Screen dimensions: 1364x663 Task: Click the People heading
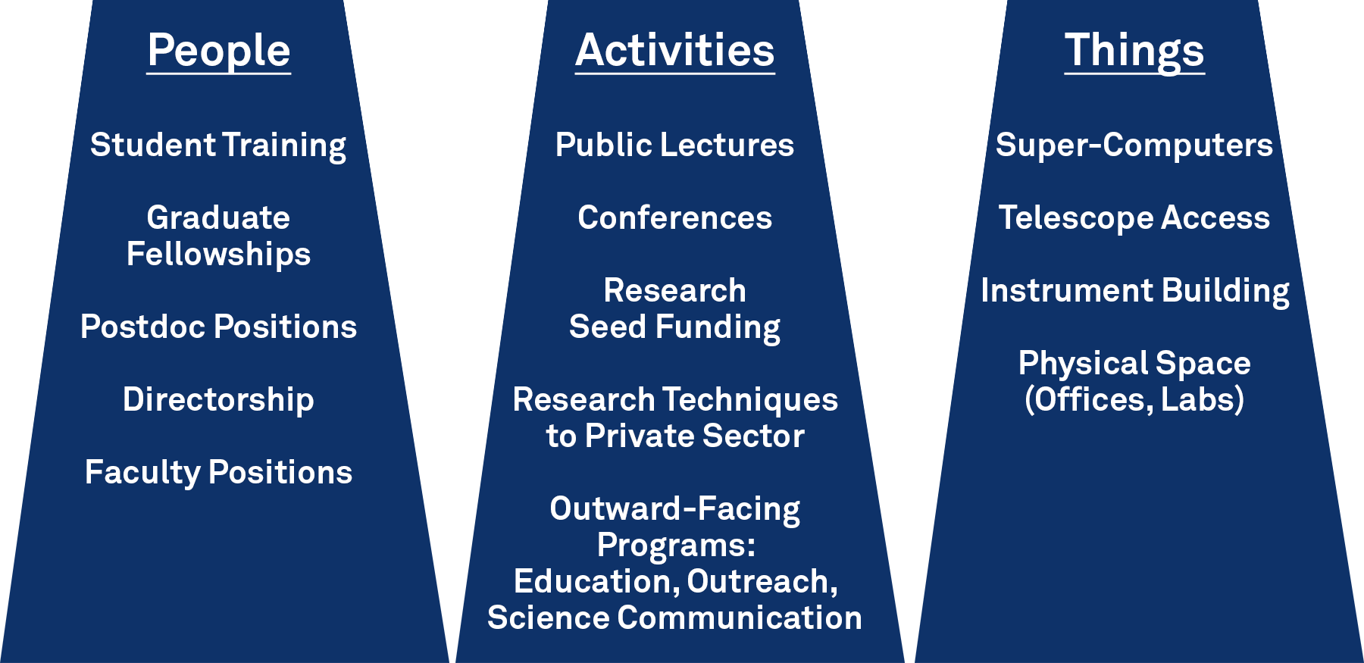[219, 51]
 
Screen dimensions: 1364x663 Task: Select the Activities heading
[675, 51]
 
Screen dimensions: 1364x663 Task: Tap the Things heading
[1134, 51]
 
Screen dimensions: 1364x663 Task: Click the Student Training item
[218, 145]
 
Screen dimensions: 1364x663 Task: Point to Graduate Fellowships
[218, 236]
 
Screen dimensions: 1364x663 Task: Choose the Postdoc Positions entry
[218, 327]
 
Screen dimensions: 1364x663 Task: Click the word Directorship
[218, 399]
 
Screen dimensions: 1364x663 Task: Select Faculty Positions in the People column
[218, 472]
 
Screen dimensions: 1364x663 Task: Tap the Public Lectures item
[674, 145]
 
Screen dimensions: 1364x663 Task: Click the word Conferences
[674, 217]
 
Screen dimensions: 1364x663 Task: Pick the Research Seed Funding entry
[674, 308]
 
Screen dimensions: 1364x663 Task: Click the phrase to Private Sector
[675, 436]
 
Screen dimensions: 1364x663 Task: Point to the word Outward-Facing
[674, 508]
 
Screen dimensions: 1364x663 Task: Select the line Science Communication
[674, 618]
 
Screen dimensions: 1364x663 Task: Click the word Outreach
[762, 582]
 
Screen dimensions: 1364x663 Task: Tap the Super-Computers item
[1134, 145]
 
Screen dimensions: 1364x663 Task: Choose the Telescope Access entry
[1134, 218]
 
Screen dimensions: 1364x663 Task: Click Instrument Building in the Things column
[1135, 291]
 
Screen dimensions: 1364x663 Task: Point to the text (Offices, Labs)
[1134, 399]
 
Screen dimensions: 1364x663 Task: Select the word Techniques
[750, 400]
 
